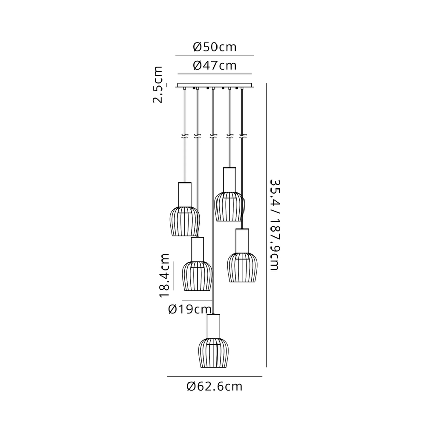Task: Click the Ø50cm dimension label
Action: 214,47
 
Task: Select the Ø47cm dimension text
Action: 214,65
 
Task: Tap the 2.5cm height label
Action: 158,85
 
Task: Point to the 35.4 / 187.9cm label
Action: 275,225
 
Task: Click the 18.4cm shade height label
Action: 165,275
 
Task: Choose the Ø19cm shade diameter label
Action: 190,309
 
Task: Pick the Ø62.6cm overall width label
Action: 214,386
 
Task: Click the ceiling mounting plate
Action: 214,85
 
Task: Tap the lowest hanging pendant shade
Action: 213,353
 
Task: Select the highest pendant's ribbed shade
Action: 229,206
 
